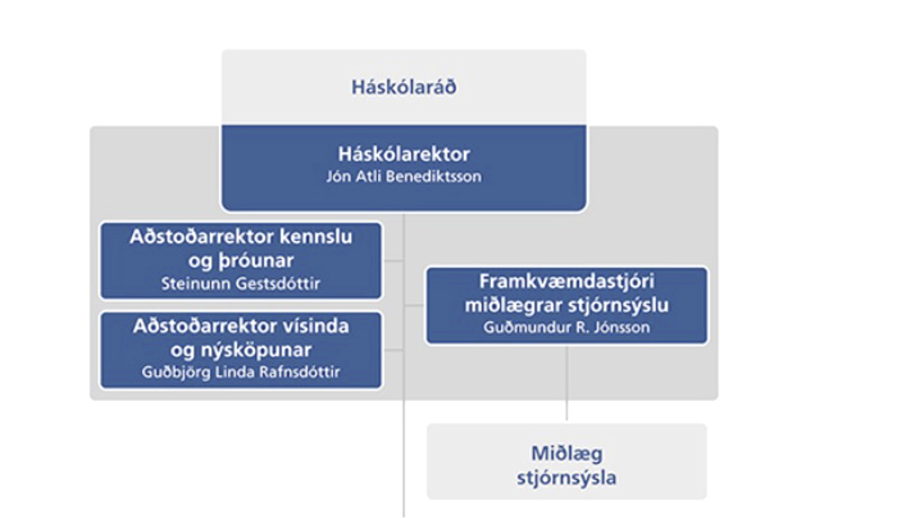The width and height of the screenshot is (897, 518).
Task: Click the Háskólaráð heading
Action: click(x=404, y=87)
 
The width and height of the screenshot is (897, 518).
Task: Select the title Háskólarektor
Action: click(x=404, y=154)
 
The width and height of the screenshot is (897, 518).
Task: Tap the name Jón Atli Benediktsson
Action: click(x=404, y=177)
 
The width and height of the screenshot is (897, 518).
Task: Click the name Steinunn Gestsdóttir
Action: click(x=241, y=284)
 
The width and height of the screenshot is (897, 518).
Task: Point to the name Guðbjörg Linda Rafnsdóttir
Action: click(x=241, y=372)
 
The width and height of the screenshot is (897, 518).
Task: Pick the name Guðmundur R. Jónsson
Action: click(x=566, y=327)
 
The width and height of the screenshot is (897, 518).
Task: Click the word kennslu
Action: click(x=316, y=237)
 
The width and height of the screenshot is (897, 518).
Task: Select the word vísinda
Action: click(x=316, y=326)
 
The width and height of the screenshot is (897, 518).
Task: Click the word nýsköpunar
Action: click(x=256, y=350)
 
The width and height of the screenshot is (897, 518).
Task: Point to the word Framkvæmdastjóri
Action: click(x=567, y=282)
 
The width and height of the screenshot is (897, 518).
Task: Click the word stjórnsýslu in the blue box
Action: click(x=618, y=306)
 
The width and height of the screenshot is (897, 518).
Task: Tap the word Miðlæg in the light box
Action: click(x=567, y=454)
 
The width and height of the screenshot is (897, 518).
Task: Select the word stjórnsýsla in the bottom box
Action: click(x=566, y=478)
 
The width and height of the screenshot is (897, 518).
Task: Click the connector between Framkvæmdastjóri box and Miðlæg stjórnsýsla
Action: click(x=567, y=383)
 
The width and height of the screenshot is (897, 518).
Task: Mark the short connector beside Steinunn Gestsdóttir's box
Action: click(x=394, y=261)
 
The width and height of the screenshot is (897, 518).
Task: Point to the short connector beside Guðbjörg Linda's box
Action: click(x=394, y=350)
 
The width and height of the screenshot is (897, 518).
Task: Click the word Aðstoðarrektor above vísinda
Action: click(x=205, y=326)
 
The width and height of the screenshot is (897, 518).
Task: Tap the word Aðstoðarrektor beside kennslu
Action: click(x=201, y=237)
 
